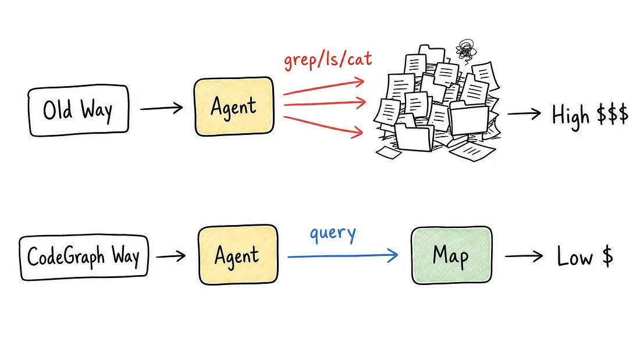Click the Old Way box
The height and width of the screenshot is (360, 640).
point(79,110)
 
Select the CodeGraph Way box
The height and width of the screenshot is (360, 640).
point(84,257)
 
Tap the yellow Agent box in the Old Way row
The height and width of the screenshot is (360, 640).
point(234,106)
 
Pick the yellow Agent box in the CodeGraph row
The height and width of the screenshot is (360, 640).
point(238,255)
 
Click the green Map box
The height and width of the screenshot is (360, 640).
point(451,255)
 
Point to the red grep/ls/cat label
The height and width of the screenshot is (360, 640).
point(328,60)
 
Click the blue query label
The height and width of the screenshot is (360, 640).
point(333,234)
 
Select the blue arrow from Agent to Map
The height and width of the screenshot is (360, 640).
point(343,256)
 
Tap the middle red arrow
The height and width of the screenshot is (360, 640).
point(325,104)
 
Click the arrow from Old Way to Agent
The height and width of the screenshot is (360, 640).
point(162,108)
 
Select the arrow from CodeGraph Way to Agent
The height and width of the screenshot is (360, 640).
point(171,256)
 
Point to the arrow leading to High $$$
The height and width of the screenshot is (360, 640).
point(524,113)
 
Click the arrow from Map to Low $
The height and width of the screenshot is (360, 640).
point(524,256)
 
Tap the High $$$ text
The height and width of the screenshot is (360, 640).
point(590,116)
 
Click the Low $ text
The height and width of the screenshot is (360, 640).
point(585,256)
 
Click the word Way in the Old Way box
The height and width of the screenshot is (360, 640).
point(97,111)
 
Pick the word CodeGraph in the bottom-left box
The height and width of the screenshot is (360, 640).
point(66,257)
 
